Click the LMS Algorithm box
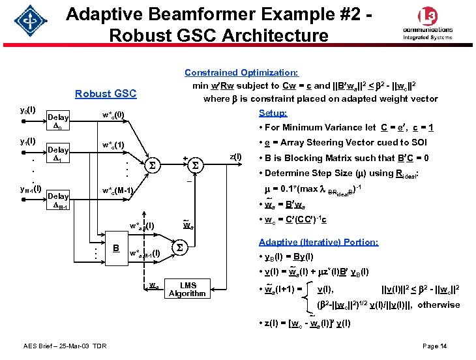(187, 289)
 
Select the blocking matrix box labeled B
(115, 248)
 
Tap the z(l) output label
(235, 157)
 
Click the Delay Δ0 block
(59, 121)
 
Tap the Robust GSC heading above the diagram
(106, 93)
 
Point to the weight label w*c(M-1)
(117, 190)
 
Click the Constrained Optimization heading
(241, 73)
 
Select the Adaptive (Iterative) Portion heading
(318, 242)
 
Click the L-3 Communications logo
(428, 24)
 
